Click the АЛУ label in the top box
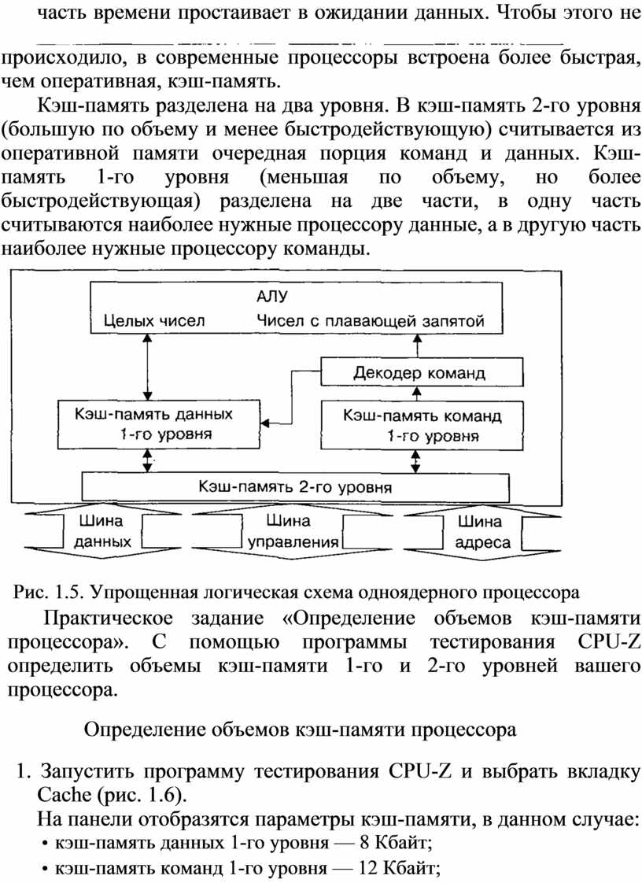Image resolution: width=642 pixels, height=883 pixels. tap(272, 296)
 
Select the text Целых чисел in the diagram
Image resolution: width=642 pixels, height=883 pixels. tap(153, 321)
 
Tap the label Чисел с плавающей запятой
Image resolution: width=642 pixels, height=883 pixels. tap(371, 321)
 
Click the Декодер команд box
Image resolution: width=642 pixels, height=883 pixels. tap(422, 372)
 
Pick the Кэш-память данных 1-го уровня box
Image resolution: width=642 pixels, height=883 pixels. tap(159, 424)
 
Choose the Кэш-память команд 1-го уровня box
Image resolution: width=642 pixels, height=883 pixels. tap(422, 425)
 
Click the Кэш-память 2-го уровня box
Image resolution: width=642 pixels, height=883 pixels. tap(296, 487)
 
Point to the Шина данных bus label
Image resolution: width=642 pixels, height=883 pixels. tap(102, 531)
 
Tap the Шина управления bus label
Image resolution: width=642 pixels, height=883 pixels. tap(293, 531)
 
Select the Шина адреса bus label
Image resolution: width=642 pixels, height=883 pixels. tap(482, 531)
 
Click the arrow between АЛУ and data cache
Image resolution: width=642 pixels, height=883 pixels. tap(148, 367)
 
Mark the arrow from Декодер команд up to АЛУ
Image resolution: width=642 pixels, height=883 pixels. tap(417, 345)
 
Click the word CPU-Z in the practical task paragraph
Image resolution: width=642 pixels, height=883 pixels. tap(609, 642)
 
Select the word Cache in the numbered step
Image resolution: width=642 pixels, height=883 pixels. tap(65, 795)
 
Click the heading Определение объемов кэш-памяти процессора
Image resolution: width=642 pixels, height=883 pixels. tap(301, 730)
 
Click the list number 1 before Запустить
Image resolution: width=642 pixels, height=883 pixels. tap(23, 770)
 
